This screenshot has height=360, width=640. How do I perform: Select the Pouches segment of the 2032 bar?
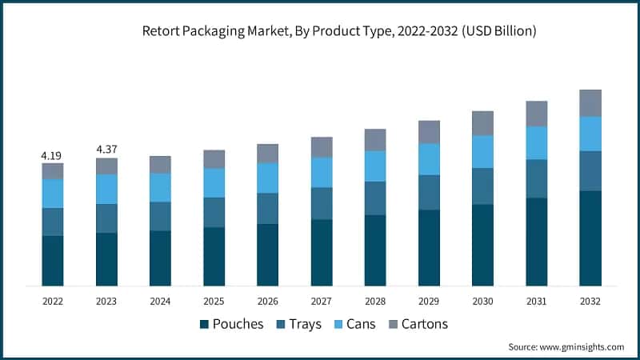click(x=590, y=238)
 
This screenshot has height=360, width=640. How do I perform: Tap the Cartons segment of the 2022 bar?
click(x=53, y=171)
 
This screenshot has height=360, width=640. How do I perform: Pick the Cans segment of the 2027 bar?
click(x=322, y=172)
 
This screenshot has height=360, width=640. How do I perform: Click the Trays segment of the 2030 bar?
click(x=482, y=186)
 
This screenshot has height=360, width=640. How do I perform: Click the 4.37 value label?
click(x=106, y=149)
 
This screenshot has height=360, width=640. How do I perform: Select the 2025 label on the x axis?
click(x=214, y=302)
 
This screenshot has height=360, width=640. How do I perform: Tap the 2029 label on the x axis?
click(x=429, y=302)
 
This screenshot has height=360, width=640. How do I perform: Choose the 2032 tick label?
click(x=590, y=302)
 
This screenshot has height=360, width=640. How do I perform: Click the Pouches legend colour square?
click(x=205, y=324)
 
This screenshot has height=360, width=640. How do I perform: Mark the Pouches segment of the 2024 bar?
click(x=160, y=258)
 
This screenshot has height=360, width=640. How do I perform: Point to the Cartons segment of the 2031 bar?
click(x=536, y=114)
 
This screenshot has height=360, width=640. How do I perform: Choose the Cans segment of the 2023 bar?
click(x=106, y=189)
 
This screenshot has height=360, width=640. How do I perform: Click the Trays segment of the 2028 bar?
click(x=375, y=198)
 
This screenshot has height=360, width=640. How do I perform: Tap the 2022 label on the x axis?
click(x=53, y=302)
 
